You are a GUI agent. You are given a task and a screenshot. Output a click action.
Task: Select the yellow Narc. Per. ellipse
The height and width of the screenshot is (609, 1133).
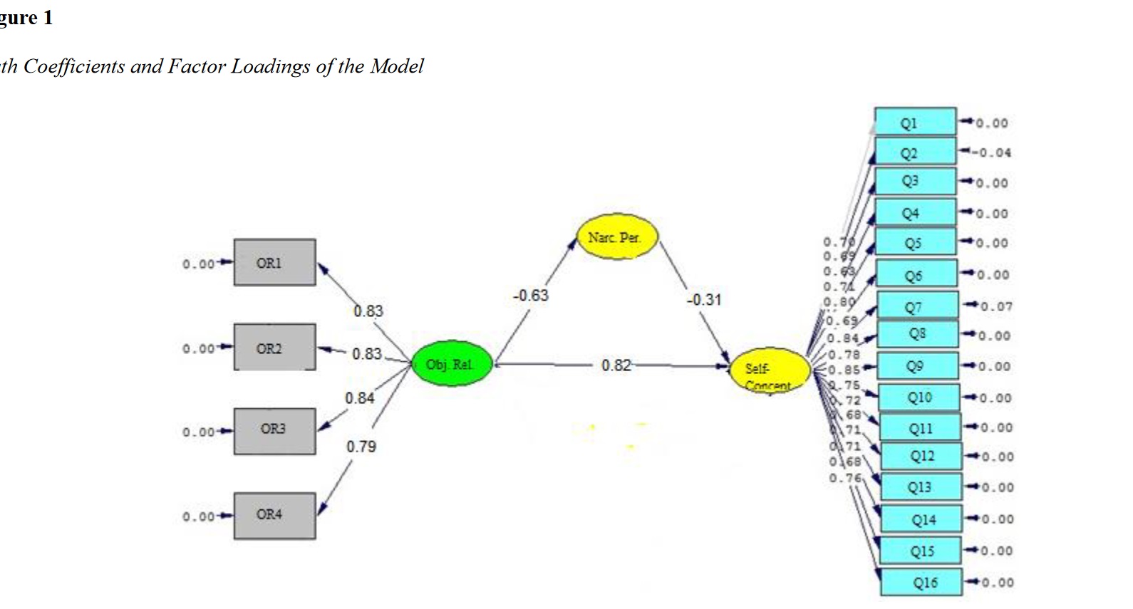617,238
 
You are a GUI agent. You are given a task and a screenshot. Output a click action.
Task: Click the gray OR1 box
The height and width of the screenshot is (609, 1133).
274,263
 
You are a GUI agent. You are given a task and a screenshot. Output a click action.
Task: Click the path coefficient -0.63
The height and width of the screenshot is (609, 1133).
531,296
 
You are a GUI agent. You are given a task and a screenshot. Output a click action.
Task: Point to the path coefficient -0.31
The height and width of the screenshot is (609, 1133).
704,300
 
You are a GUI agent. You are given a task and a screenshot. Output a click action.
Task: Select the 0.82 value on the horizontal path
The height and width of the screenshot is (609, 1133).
616,365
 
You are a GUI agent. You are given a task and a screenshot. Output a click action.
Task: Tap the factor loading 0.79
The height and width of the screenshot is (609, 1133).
361,447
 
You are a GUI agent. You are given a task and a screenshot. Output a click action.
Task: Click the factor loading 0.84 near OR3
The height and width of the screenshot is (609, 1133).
360,398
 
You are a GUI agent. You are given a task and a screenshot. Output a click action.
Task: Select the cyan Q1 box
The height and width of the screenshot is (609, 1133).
915,123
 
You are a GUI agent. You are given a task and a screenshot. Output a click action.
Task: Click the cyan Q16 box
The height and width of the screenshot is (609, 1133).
921,583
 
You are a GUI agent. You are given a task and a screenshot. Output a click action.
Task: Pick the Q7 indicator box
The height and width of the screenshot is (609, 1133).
918,306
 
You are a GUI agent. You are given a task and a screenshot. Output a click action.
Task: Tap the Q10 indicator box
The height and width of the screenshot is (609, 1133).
919,397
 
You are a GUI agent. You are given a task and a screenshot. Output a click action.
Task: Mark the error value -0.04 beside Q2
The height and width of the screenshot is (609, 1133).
991,152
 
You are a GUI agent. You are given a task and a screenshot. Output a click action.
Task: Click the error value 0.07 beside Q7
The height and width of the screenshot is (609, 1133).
995,307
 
